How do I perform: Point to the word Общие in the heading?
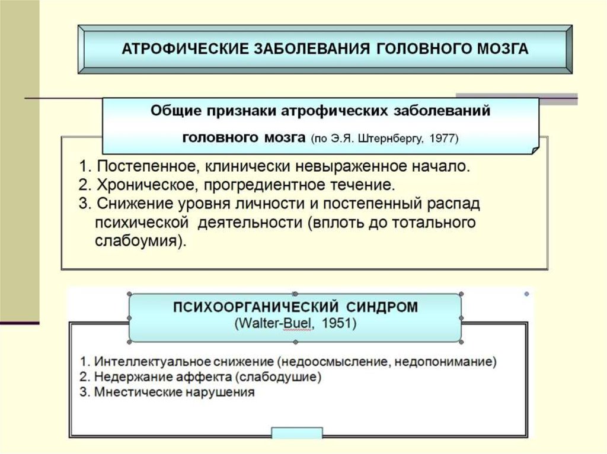point(174,111)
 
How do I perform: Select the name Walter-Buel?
point(269,324)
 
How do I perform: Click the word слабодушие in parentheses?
point(279,376)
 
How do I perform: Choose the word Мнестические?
point(127,392)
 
